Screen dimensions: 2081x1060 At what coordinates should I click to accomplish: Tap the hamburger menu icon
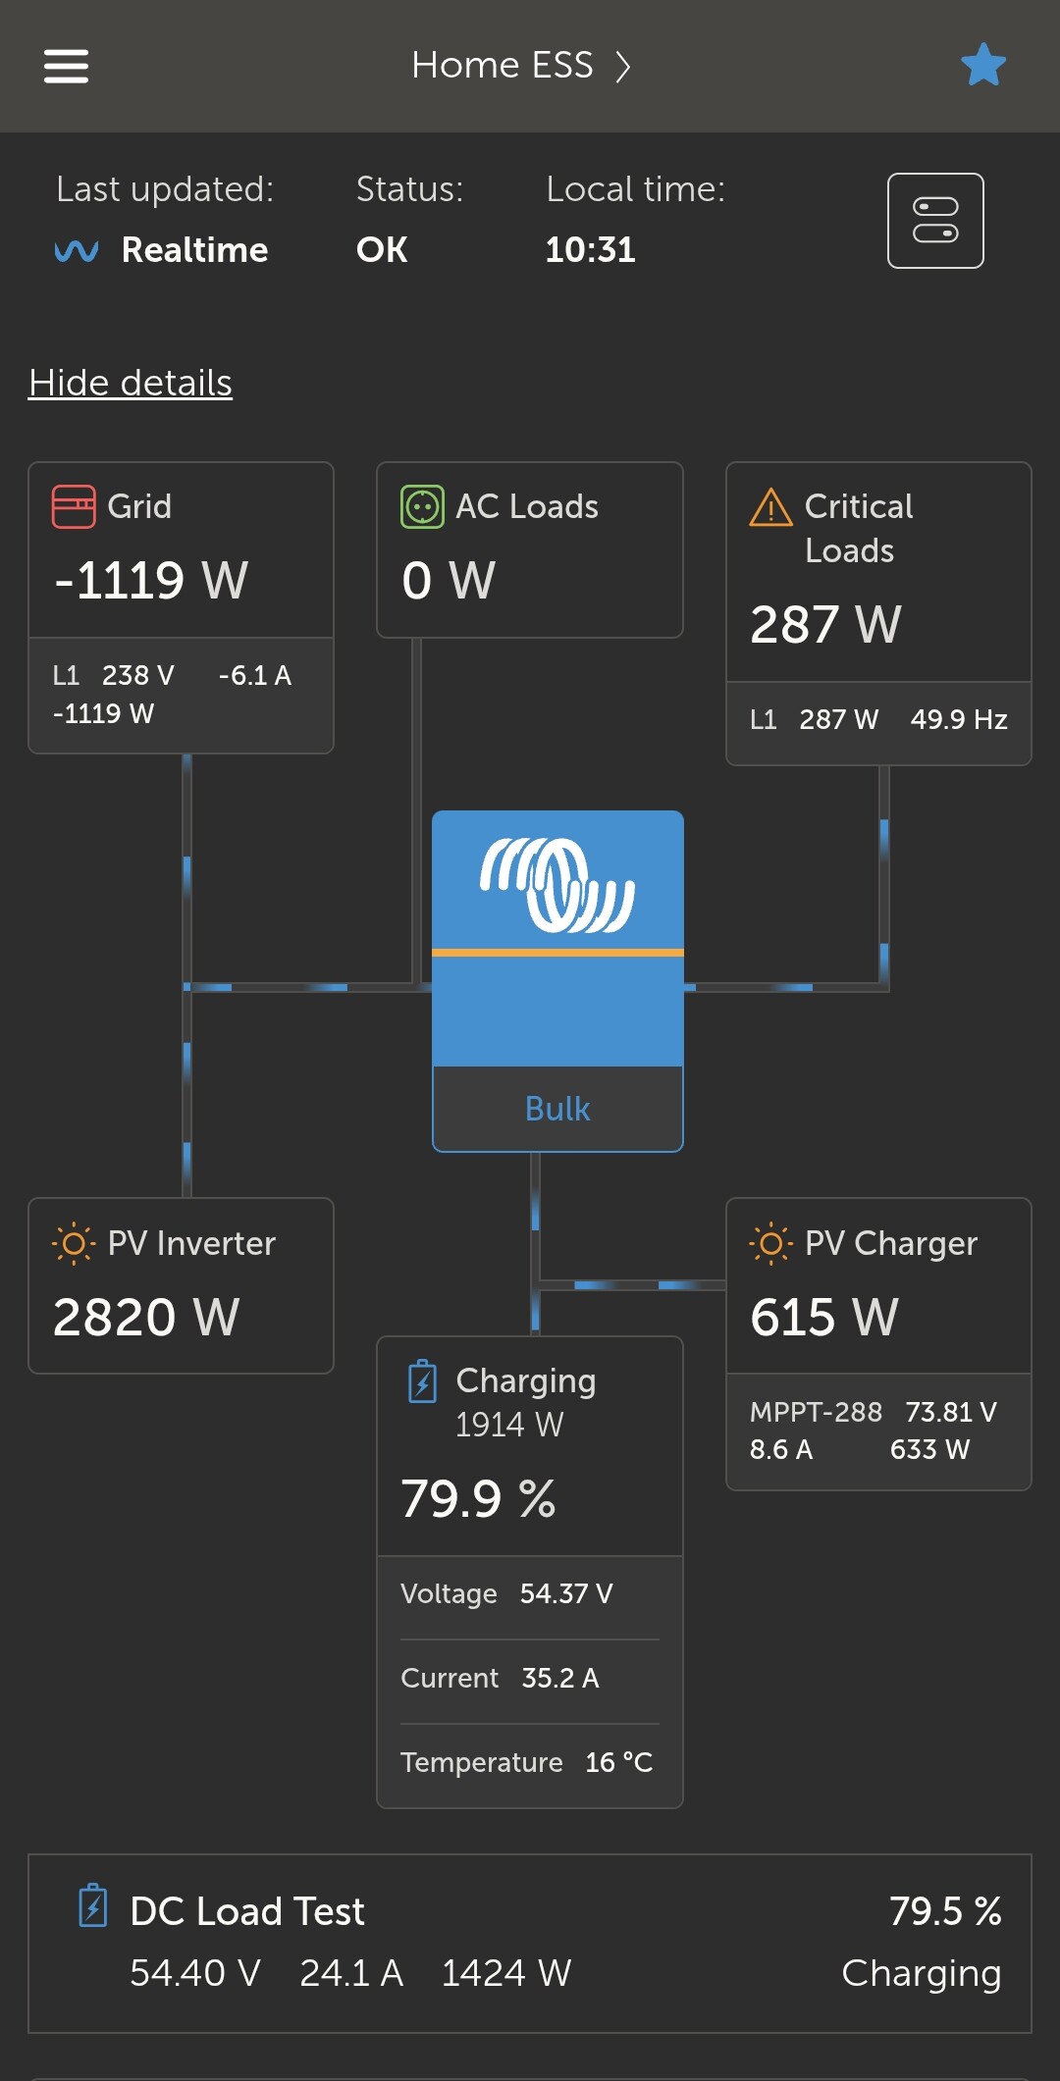66,67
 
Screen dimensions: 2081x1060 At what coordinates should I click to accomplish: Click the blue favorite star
983,65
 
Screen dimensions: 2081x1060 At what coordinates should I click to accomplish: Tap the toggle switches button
935,221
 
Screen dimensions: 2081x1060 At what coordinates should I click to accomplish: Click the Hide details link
131,383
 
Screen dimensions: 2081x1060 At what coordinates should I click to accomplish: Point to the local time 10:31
591,250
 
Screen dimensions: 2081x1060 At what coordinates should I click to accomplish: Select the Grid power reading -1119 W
151,580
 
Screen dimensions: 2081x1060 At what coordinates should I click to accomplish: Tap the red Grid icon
74,507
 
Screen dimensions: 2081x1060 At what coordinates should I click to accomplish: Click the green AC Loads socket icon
422,507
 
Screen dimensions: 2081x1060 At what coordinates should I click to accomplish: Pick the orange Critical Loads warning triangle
770,508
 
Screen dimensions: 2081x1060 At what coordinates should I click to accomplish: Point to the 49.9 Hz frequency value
959,720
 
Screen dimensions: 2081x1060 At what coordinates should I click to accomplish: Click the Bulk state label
557,1109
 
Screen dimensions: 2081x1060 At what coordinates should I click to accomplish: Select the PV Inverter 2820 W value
146,1317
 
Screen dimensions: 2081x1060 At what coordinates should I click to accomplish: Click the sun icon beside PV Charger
770,1244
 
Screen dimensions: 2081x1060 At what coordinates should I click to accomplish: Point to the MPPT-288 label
816,1412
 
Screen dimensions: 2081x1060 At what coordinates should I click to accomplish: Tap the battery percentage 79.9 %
478,1499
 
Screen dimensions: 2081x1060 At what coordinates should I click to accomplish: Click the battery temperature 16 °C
618,1762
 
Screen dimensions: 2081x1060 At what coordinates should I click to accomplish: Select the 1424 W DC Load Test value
505,1973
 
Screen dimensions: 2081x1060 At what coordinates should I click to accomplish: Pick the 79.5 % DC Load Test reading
944,1911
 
